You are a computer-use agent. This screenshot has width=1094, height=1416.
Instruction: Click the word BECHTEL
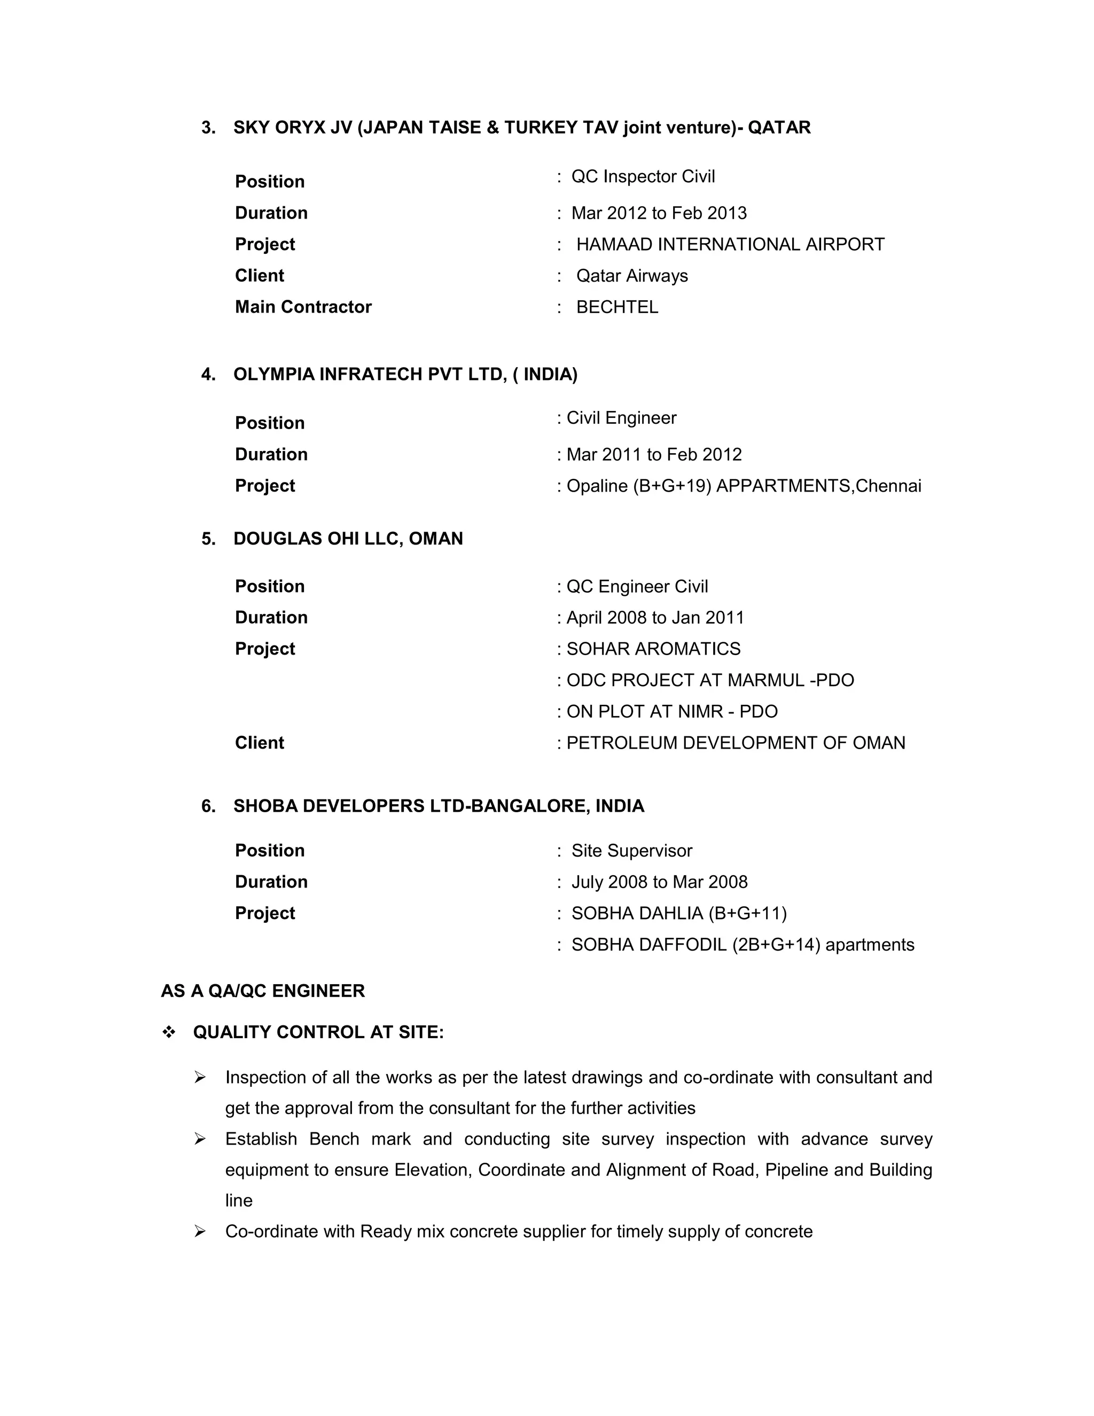(x=617, y=307)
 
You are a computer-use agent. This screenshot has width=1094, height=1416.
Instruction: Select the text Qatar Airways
(x=632, y=276)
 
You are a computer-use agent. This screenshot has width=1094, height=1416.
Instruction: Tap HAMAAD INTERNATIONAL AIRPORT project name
(x=730, y=244)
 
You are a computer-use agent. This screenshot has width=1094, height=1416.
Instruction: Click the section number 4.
(x=208, y=375)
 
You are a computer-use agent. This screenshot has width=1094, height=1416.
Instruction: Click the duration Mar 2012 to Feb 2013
(x=659, y=213)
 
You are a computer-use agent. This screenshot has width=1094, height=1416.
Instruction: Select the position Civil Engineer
(x=621, y=418)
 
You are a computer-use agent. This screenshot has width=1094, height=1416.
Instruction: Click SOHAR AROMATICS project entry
(x=653, y=649)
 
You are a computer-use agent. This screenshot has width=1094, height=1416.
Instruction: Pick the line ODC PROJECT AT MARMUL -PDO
(x=710, y=680)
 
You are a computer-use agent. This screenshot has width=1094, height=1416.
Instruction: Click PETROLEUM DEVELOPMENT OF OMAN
(x=736, y=743)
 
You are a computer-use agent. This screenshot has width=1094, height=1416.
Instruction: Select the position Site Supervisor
(x=631, y=851)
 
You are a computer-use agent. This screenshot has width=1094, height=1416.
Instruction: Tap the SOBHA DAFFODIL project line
(x=742, y=945)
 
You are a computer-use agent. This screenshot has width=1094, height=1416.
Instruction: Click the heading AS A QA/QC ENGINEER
(x=262, y=991)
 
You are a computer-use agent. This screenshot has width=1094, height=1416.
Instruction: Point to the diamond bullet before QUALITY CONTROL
(x=168, y=1033)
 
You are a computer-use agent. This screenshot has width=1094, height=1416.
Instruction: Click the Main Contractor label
(x=303, y=307)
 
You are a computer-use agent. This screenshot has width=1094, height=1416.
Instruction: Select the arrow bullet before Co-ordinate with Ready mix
(x=200, y=1231)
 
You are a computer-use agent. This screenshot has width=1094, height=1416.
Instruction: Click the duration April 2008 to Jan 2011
(x=655, y=618)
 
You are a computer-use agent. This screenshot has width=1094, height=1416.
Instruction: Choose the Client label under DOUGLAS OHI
(x=259, y=743)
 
